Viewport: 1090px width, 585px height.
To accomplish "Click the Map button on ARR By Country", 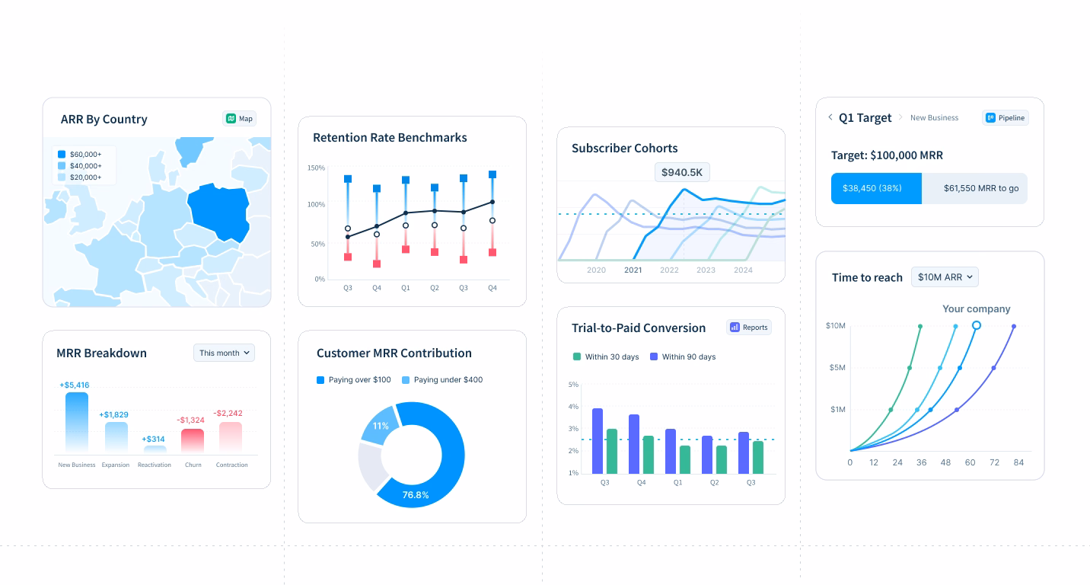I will click(240, 119).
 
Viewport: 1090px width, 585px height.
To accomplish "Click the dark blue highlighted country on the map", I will click(219, 212).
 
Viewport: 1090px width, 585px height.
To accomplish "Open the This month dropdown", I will click(224, 353).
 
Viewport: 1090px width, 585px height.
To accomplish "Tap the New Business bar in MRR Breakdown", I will click(77, 422).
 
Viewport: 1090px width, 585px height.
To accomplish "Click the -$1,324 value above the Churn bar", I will click(190, 420).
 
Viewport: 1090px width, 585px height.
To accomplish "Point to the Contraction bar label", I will click(231, 465).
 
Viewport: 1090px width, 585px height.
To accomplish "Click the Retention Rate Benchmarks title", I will click(390, 138).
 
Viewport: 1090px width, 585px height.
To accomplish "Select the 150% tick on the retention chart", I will click(316, 168).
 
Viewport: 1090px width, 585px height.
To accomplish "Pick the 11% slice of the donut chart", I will click(380, 427).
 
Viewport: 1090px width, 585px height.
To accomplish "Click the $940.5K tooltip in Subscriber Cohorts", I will click(682, 172).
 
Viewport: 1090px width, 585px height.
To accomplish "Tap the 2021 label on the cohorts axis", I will click(633, 270).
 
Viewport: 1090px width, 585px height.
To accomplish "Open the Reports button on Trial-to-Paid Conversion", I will click(749, 327).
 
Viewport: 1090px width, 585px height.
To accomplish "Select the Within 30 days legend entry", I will click(605, 356).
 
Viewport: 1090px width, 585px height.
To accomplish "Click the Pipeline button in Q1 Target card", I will click(1005, 118).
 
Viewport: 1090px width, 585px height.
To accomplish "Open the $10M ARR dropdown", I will click(945, 277).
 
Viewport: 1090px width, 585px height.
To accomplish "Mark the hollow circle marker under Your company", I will click(977, 325).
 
